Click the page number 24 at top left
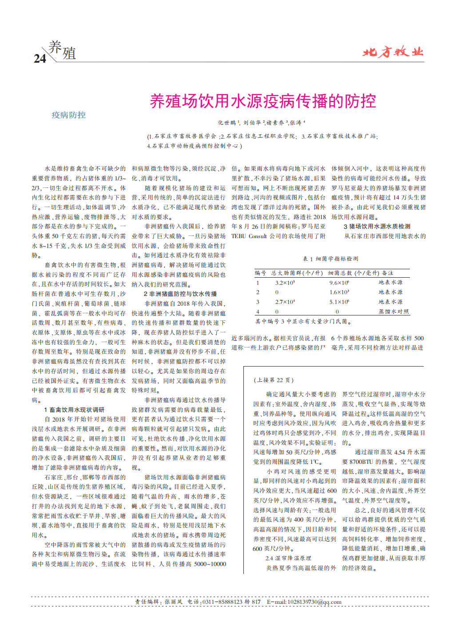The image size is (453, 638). pyautogui.click(x=40, y=58)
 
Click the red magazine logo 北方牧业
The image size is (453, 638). pyautogui.click(x=393, y=52)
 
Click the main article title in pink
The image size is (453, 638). pyautogui.click(x=263, y=101)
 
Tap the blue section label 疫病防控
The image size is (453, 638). pyautogui.click(x=68, y=115)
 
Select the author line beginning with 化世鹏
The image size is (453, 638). pyautogui.click(x=261, y=123)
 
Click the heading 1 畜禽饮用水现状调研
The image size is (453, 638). pyautogui.click(x=74, y=410)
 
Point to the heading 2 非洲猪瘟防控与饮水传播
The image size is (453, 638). pyautogui.click(x=180, y=294)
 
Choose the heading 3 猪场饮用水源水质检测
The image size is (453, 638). pyautogui.click(x=377, y=226)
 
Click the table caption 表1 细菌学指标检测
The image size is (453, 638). pyautogui.click(x=330, y=259)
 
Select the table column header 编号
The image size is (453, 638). pyautogui.click(x=260, y=273)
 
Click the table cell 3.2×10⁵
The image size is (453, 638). pyautogui.click(x=285, y=283)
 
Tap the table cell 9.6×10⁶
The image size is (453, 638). pyautogui.click(x=339, y=283)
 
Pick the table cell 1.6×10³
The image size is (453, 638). pyautogui.click(x=339, y=292)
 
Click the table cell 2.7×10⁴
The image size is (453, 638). pyautogui.click(x=285, y=302)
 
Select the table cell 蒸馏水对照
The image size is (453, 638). pyautogui.click(x=393, y=312)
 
